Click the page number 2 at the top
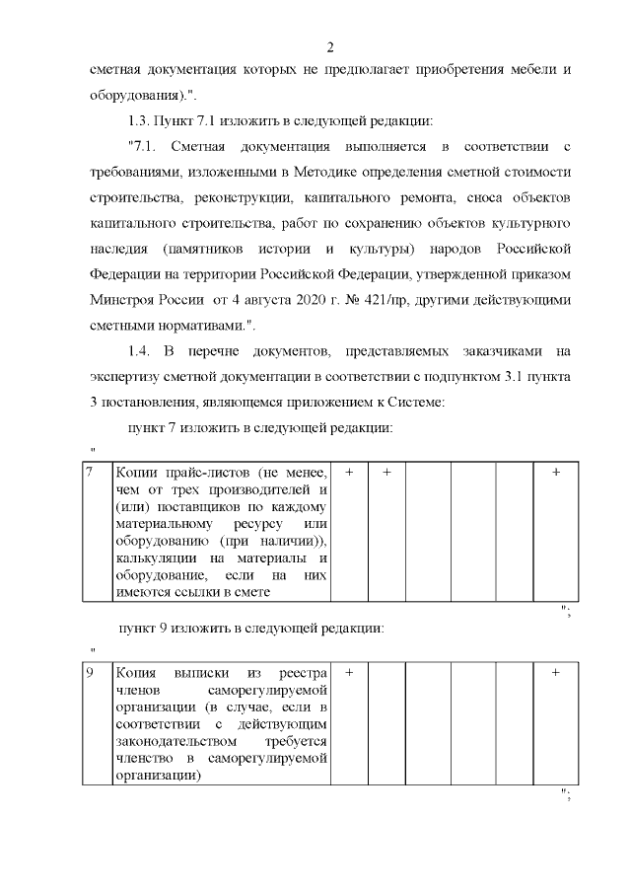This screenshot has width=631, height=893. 331,46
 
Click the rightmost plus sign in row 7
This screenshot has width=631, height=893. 556,473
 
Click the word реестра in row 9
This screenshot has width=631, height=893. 302,673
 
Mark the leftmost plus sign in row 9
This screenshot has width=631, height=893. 349,673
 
